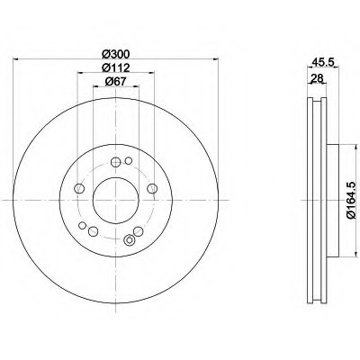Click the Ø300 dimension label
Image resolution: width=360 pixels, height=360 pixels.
(115, 54)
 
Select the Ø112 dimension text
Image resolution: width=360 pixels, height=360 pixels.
(115, 68)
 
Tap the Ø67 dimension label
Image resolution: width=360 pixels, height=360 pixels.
(115, 82)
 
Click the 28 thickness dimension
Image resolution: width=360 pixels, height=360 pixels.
(317, 78)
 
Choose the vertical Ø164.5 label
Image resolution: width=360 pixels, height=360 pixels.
(352, 200)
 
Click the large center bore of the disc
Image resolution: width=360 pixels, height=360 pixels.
(116, 200)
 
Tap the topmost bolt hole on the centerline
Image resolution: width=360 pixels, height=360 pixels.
(115, 162)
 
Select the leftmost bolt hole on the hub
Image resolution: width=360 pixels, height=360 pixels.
(79, 188)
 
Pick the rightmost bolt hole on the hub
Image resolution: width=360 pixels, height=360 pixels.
(152, 188)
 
